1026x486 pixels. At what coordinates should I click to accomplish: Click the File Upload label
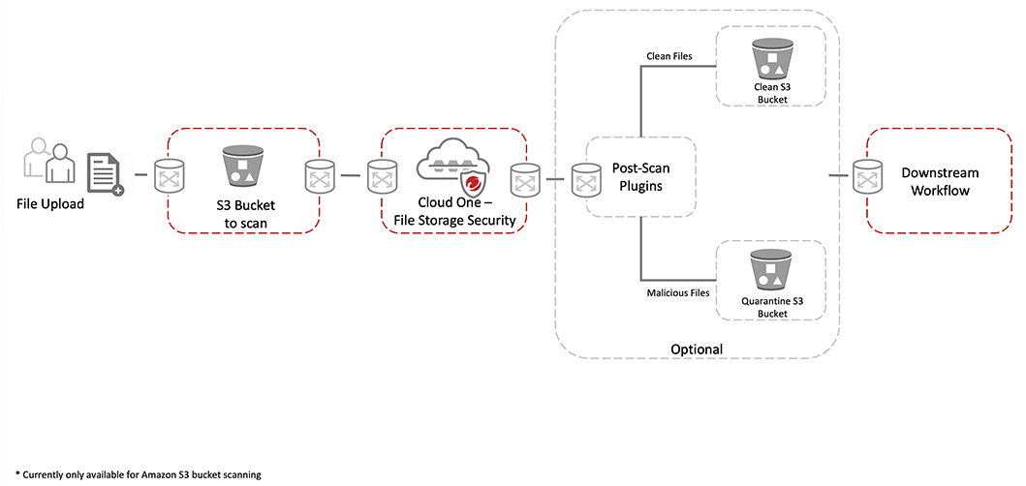coord(50,204)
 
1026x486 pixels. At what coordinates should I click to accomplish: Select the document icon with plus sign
coord(105,174)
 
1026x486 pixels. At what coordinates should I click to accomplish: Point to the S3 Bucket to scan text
coord(241,214)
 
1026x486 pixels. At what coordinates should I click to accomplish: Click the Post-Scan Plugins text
coord(641,176)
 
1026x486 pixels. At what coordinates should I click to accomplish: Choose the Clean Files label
coord(668,56)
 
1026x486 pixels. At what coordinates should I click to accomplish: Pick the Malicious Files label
coord(678,291)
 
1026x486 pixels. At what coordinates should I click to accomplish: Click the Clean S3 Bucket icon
coord(770,59)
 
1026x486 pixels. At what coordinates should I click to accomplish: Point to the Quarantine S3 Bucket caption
coord(771,308)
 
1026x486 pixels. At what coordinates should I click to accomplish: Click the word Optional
coord(697,349)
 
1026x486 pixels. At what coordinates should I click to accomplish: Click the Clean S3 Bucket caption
coord(771,93)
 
